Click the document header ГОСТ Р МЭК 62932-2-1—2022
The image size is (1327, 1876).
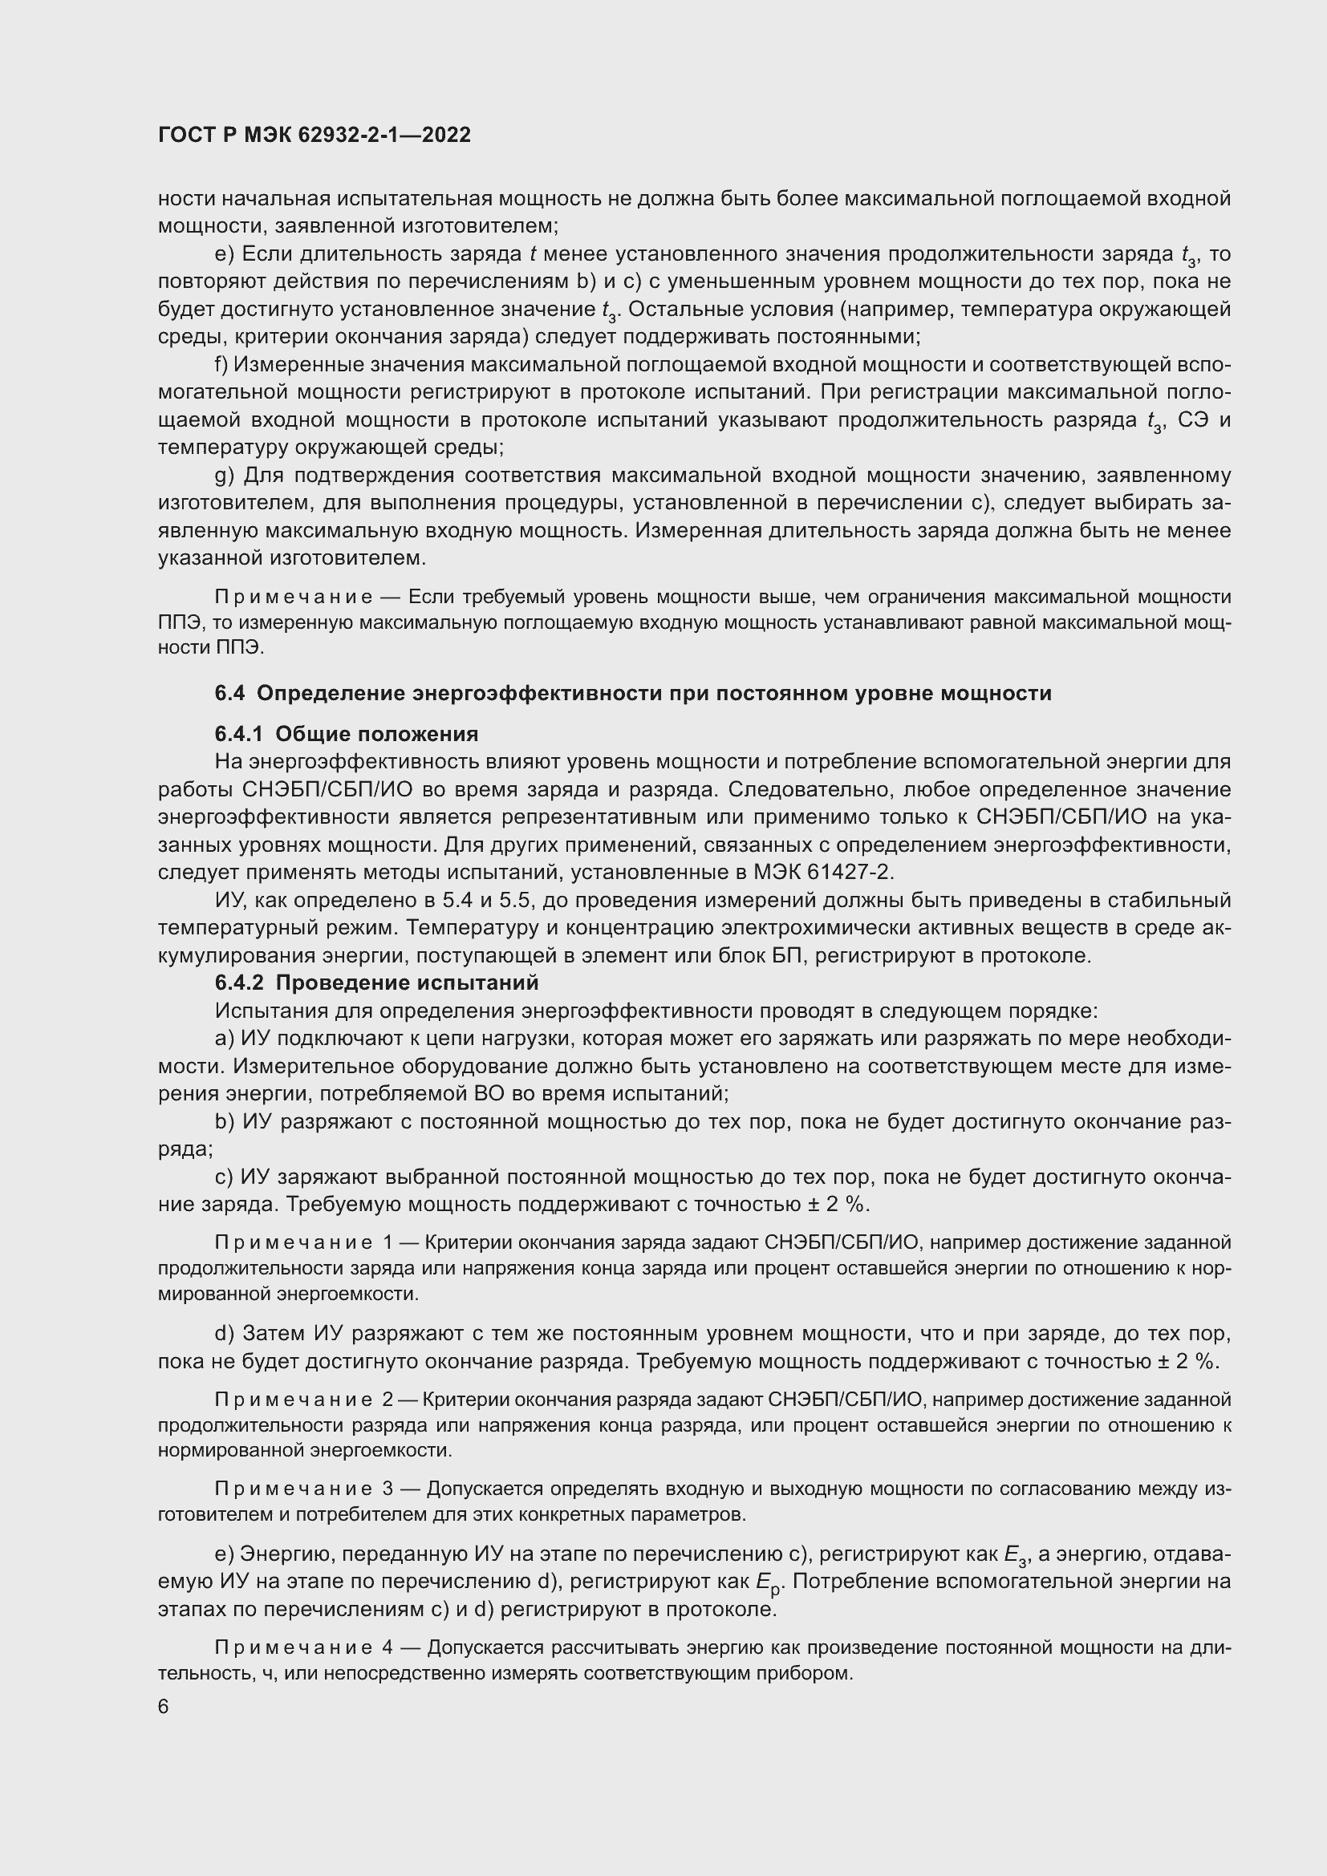[x=315, y=135]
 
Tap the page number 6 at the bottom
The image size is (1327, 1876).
[x=164, y=1708]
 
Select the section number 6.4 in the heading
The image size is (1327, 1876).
[x=229, y=694]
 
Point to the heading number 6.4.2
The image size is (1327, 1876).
[x=240, y=983]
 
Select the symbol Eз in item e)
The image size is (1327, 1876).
[x=1014, y=1556]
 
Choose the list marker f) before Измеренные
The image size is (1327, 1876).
[x=221, y=364]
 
